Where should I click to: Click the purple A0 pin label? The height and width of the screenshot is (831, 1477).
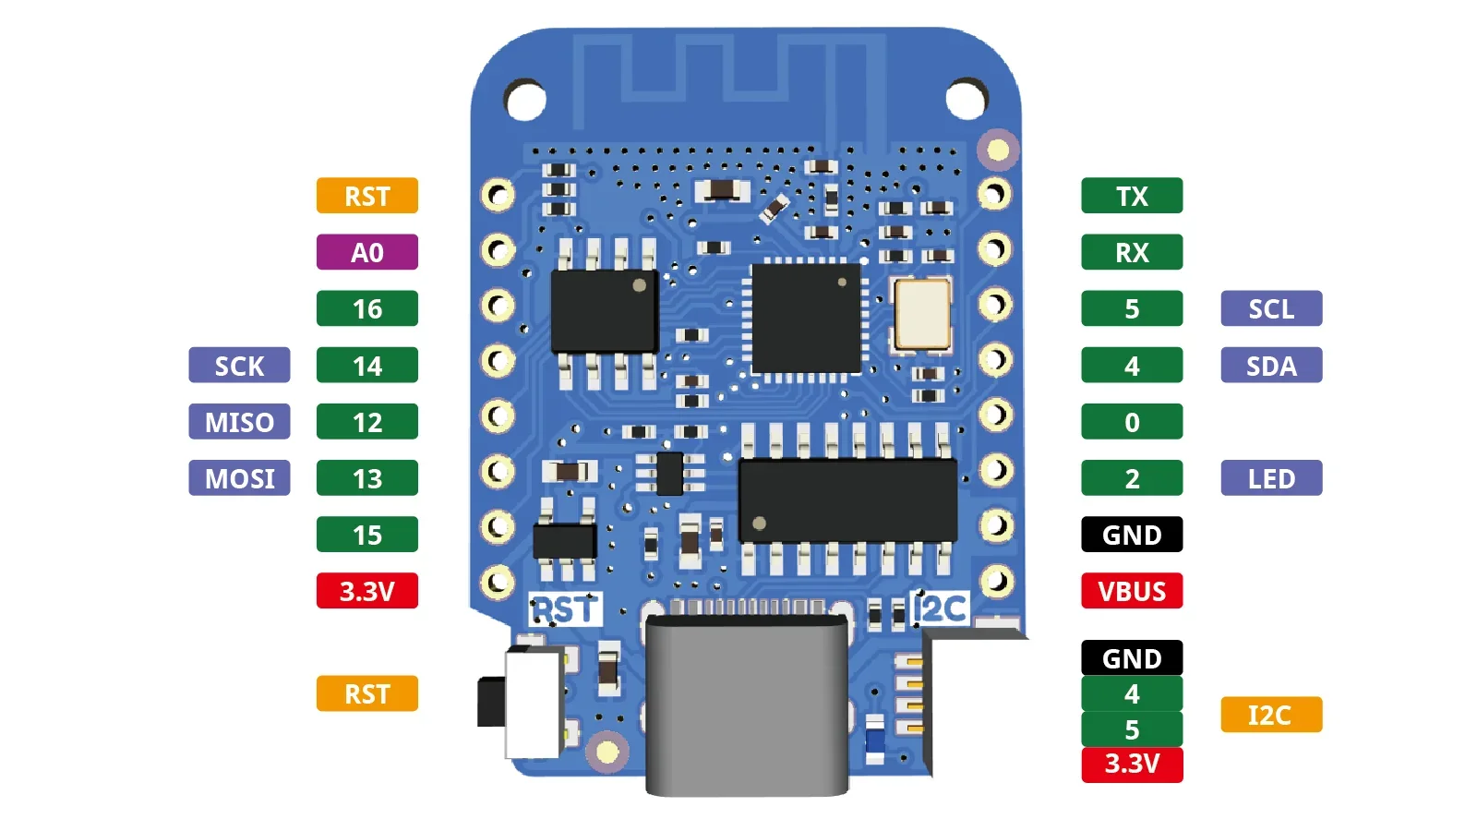(366, 252)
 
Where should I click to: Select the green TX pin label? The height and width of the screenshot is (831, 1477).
(1132, 196)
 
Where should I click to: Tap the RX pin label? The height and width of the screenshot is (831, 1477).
(1132, 252)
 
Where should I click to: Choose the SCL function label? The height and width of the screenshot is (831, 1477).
(1271, 308)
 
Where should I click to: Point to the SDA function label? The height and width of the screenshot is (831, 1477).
(1271, 366)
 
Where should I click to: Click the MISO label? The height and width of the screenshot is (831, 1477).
(239, 422)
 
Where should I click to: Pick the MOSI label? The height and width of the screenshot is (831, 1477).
(239, 478)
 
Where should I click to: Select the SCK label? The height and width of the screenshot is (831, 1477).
(239, 366)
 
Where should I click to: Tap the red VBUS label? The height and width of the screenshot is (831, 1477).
(1132, 591)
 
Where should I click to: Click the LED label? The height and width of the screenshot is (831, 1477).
(1271, 478)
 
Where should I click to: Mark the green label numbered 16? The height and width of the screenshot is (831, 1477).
(366, 308)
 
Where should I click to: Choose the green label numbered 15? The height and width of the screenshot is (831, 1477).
(366, 535)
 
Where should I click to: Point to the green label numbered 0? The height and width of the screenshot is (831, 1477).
(1132, 422)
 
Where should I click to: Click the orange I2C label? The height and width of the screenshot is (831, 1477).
(1271, 715)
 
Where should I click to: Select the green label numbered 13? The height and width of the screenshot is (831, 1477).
(366, 478)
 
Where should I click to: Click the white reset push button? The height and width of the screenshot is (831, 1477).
(534, 702)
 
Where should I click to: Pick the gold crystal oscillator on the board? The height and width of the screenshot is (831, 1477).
(921, 314)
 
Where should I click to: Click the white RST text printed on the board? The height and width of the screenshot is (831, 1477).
(565, 609)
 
